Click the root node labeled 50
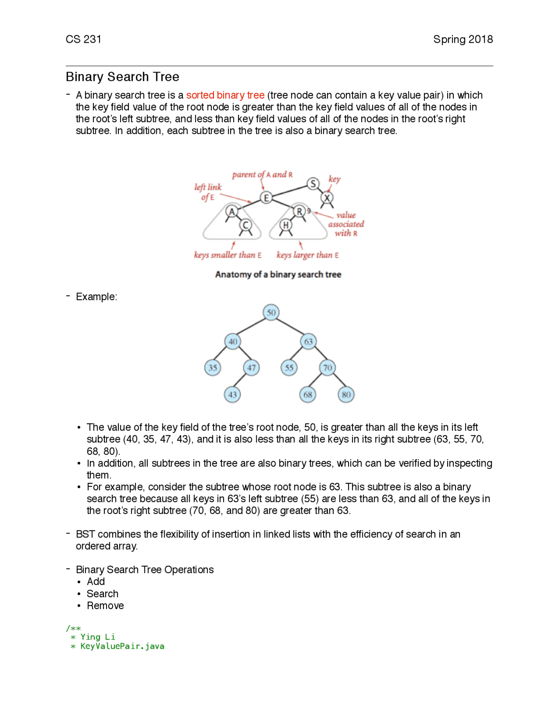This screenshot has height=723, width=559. (271, 313)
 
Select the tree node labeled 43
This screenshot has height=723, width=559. (232, 395)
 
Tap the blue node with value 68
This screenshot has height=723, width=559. (308, 395)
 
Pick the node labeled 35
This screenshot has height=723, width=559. (213, 368)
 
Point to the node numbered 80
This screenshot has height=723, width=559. (346, 395)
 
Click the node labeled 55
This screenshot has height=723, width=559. (289, 368)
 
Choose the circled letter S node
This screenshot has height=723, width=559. (313, 184)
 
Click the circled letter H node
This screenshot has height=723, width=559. (286, 225)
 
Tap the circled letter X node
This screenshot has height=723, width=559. (327, 198)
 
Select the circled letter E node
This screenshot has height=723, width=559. (266, 198)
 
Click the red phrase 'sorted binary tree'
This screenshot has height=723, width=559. (225, 95)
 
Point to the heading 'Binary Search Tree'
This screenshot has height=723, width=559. (122, 77)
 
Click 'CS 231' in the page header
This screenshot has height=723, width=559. (83, 39)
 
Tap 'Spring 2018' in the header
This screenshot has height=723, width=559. (463, 39)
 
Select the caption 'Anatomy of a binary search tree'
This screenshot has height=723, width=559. (278, 275)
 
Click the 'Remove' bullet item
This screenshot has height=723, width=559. (105, 606)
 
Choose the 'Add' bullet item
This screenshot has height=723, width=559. (96, 582)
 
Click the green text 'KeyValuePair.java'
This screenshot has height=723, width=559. (122, 646)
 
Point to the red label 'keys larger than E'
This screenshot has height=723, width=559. (307, 255)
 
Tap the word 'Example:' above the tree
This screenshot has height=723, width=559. (97, 297)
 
